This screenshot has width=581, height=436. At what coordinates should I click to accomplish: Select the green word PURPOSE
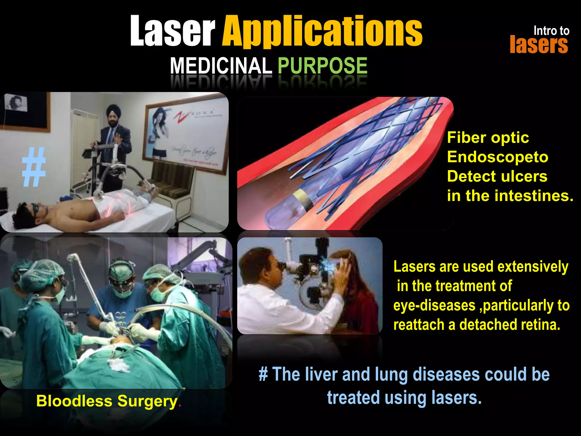click(322, 66)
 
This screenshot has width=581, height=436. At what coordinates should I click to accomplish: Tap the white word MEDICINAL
click(221, 66)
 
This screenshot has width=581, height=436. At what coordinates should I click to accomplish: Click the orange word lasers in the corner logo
click(538, 45)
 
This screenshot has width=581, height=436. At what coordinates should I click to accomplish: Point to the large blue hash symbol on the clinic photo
click(34, 167)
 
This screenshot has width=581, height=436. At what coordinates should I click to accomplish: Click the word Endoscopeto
click(497, 157)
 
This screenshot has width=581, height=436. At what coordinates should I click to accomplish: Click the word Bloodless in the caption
click(74, 401)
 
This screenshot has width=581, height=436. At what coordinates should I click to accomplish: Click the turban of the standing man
click(113, 110)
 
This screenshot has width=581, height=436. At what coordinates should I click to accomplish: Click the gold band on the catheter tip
click(302, 198)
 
